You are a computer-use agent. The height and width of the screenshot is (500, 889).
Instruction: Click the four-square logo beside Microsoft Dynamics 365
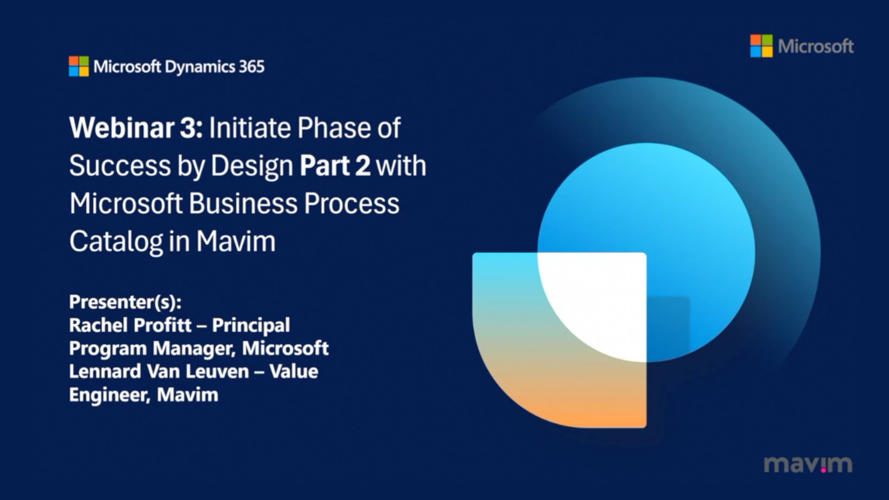[x=79, y=66]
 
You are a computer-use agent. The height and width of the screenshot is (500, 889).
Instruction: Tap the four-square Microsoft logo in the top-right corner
[x=761, y=46]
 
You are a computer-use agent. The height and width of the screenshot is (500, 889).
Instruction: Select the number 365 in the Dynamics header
[x=252, y=67]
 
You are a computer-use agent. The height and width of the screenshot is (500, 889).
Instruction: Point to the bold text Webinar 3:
[x=136, y=128]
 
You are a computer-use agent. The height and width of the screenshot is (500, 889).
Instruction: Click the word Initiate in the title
[x=250, y=128]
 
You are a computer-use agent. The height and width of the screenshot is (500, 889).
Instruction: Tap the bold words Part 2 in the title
[x=335, y=166]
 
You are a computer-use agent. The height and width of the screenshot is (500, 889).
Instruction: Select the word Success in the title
[x=120, y=166]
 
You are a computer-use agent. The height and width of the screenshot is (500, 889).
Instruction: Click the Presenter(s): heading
[x=125, y=302]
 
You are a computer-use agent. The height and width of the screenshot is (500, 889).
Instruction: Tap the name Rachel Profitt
[x=130, y=325]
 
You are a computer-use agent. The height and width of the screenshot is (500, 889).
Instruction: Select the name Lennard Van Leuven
[x=159, y=371]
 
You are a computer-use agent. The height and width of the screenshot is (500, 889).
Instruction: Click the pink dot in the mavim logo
[x=824, y=470]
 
